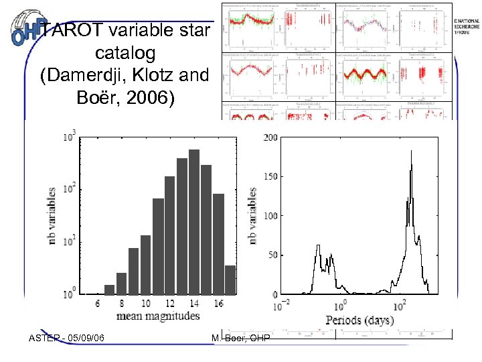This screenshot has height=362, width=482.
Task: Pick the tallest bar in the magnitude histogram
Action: point(194,222)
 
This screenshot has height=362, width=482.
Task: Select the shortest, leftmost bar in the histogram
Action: point(109,290)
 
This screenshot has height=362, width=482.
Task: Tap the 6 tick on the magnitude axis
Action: point(98,304)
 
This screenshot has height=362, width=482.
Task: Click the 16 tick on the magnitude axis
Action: point(218,304)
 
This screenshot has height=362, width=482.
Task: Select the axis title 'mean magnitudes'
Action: point(159,316)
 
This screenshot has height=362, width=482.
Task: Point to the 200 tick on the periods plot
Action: point(269,137)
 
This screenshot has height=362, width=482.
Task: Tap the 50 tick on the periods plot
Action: point(271,255)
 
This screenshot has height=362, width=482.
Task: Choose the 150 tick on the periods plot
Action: point(269,177)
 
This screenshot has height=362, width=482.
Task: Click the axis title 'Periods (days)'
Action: point(359,320)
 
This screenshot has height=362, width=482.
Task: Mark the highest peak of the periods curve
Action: point(411,152)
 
